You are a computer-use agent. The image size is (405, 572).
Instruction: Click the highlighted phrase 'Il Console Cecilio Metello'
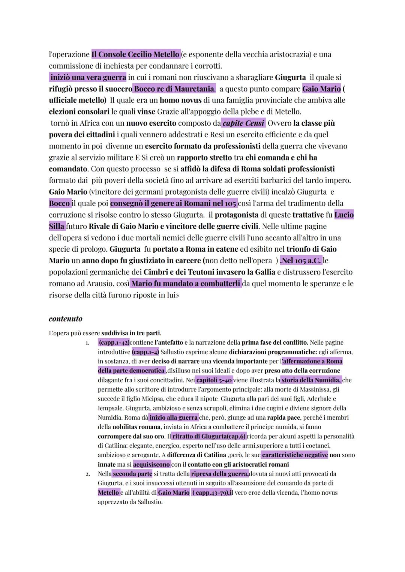[x=136, y=54]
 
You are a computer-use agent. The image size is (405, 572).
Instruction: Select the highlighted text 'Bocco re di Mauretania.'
[x=174, y=89]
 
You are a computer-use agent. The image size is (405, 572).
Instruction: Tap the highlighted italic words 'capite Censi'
[x=243, y=123]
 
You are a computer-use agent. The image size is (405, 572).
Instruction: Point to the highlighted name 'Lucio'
[x=344, y=215]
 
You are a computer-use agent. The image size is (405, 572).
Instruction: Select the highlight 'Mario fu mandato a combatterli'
[x=186, y=284]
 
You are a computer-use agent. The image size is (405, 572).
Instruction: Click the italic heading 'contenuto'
[x=66, y=319]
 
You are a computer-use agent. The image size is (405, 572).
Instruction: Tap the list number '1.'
[x=87, y=343]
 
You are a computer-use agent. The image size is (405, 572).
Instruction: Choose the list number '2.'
[x=87, y=474]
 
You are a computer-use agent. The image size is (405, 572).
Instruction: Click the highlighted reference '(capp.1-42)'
[x=114, y=342]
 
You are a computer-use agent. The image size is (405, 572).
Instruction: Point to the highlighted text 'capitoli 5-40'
[x=214, y=380]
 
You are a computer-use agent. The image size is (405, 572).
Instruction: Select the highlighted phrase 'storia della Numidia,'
[x=311, y=380]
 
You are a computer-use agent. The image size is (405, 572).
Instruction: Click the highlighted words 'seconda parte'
[x=132, y=474]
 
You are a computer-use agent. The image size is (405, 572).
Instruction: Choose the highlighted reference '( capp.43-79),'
[x=211, y=492]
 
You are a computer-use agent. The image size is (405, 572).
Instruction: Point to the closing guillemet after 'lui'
[x=178, y=295]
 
